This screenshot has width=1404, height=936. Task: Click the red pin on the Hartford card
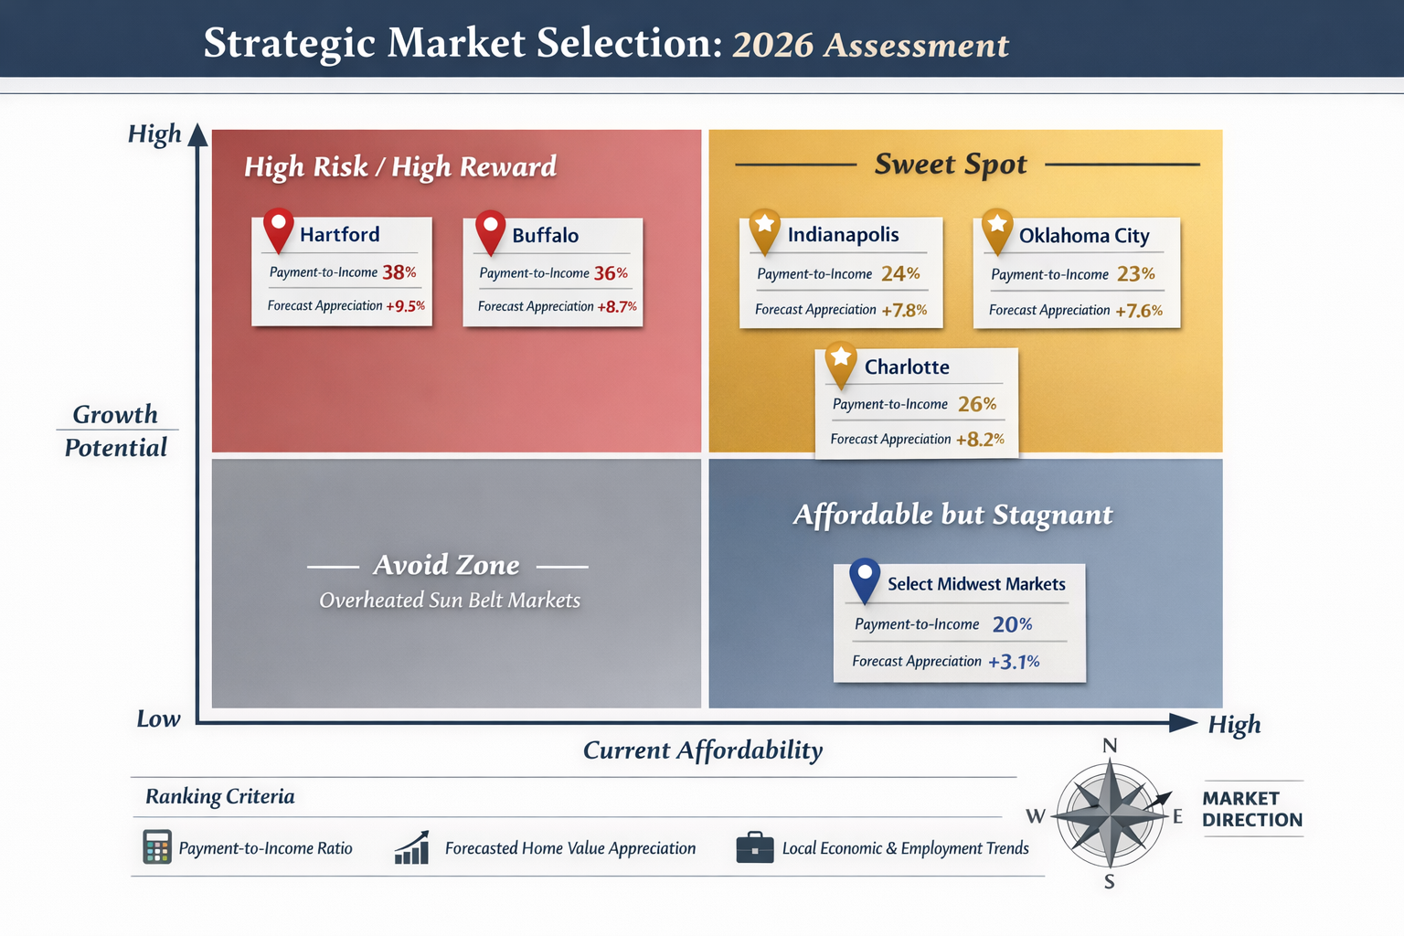[278, 228]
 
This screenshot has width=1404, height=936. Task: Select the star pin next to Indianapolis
[764, 229]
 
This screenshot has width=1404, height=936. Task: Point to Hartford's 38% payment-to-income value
[399, 272]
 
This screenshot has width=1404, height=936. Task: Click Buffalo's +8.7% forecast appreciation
[617, 307]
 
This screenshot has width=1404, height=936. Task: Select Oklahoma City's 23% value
[1136, 274]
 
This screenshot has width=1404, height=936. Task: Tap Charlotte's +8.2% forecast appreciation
[980, 440]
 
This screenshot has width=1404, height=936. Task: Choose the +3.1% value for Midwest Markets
[1014, 662]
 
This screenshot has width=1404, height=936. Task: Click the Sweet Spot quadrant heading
[951, 165]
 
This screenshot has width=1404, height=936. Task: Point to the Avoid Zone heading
[446, 566]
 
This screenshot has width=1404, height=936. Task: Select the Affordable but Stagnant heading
[952, 516]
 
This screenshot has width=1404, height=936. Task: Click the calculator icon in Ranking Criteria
[157, 847]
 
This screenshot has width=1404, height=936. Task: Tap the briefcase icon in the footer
[755, 847]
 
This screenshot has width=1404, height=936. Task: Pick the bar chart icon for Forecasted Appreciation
[412, 847]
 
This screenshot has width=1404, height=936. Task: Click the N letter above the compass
[1110, 746]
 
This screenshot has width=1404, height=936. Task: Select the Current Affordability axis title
[703, 750]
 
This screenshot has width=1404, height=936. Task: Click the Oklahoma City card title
[1084, 236]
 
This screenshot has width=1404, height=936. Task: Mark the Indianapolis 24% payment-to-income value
[900, 274]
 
